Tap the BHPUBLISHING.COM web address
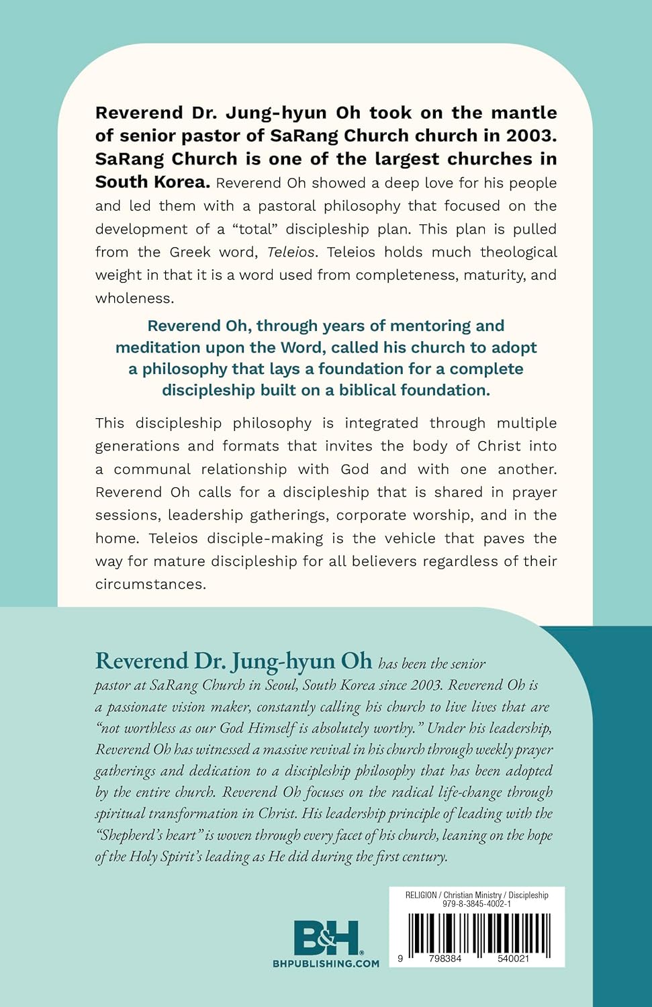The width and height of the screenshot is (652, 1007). point(326,963)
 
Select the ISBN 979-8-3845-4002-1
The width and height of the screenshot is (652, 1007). point(477,904)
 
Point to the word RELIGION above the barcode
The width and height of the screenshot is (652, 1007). point(421,895)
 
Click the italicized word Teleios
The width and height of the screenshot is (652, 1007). point(291,252)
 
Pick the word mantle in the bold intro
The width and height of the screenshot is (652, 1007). point(524,113)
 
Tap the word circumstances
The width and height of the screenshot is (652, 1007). point(149,584)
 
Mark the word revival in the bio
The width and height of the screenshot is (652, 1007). point(327,750)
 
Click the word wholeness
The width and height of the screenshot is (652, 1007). point(134,298)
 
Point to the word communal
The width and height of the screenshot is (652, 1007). point(152,469)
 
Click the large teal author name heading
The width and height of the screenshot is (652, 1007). point(233,661)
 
